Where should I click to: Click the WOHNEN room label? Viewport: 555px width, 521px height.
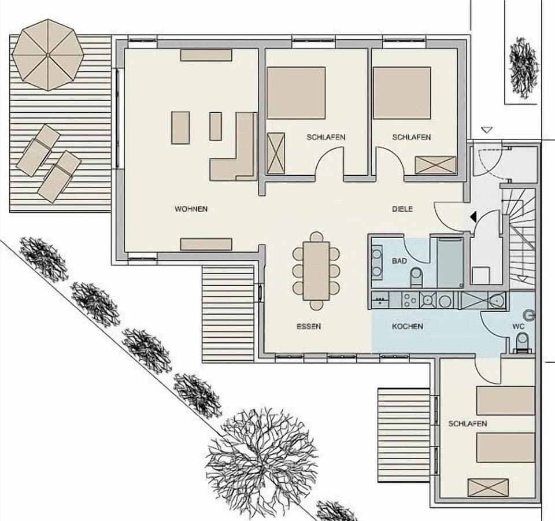click(191, 209)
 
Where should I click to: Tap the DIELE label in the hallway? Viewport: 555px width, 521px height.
click(402, 209)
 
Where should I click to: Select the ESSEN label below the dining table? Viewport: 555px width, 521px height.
click(308, 327)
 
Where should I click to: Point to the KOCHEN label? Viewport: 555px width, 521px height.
click(407, 327)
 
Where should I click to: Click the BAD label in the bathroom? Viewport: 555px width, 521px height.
click(399, 261)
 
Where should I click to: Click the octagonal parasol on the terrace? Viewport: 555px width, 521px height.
click(48, 54)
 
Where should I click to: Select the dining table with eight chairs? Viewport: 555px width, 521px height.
click(316, 271)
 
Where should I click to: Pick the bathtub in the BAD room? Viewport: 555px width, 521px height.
click(450, 261)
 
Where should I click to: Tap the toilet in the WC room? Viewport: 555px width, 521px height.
click(521, 342)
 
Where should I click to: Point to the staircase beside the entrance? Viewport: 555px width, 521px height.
click(523, 231)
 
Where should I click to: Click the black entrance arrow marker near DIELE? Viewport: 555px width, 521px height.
click(473, 217)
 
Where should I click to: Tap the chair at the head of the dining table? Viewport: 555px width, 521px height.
click(316, 237)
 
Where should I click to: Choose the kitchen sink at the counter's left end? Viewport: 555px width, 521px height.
click(381, 300)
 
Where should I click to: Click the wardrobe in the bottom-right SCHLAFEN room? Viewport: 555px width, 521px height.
click(488, 487)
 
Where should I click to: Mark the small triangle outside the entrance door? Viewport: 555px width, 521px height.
click(487, 130)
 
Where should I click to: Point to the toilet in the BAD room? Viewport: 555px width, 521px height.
click(416, 279)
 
